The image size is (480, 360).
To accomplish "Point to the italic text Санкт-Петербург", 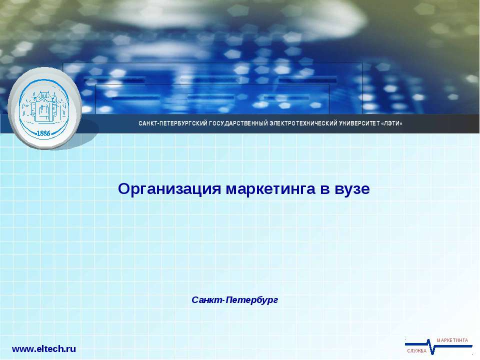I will tap(234, 300).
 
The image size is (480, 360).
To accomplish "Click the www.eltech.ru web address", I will tap(44, 349).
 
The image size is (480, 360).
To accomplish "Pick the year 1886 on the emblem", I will tap(44, 133).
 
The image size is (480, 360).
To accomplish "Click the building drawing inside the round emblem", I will tap(43, 106).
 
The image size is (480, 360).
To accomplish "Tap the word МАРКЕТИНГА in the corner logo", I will tap(452, 340).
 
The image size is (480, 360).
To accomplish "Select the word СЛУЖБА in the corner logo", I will tap(416, 351).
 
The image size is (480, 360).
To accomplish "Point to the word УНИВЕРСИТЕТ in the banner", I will tap(360, 123).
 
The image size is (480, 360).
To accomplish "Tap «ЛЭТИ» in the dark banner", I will tap(391, 123).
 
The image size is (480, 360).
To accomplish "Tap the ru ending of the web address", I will tap(70, 349).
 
